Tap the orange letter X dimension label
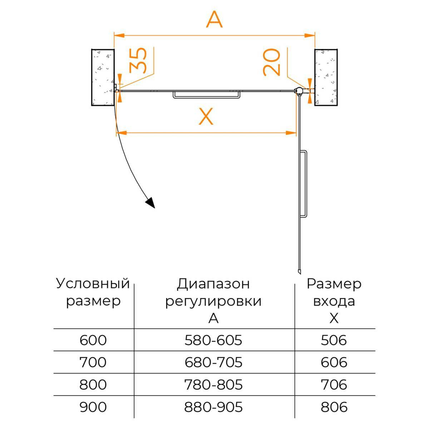coord(206,117)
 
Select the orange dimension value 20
coord(271,62)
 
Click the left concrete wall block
coord(103,77)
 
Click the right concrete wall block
coord(326,77)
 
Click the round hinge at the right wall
coord(298,91)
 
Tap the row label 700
coord(93,363)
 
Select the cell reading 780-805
coord(213,385)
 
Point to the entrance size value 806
coord(334,407)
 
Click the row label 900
coord(93,407)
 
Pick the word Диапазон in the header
coord(213,284)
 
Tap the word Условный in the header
coord(93,284)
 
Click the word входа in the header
coord(334,301)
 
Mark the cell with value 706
coord(334,385)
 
